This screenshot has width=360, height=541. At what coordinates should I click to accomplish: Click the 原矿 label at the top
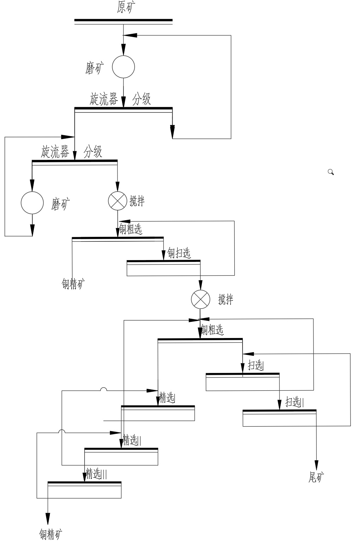126,7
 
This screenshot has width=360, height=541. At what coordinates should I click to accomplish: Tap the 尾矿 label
316,477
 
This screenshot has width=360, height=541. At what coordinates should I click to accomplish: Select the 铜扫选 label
179,253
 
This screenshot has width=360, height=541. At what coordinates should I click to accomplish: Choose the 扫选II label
294,402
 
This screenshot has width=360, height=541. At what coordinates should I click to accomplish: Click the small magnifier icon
331,172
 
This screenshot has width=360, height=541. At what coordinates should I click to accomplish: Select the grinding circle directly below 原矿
124,66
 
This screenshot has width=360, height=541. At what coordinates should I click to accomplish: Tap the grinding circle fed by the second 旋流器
32,203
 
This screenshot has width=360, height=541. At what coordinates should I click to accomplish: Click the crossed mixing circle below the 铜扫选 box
200,299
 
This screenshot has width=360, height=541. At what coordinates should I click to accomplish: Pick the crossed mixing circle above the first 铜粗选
117,201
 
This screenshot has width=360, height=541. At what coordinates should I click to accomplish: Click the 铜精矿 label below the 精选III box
51,534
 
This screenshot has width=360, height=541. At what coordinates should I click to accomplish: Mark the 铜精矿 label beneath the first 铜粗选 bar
73,284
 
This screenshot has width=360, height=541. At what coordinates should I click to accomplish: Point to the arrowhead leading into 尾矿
316,465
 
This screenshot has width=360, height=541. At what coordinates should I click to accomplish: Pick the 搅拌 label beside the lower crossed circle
226,300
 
